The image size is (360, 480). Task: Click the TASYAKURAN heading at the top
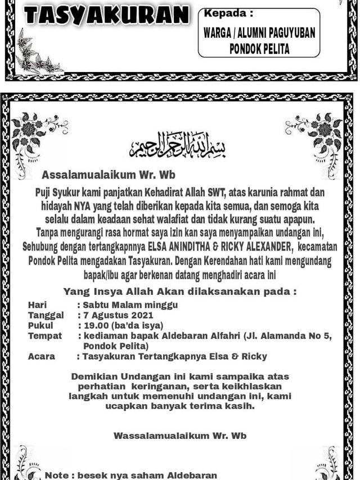pos(106,15)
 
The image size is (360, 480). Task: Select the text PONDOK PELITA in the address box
pos(259,49)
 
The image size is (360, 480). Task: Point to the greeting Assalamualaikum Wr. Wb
pos(109,174)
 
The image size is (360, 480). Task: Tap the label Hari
pos(37,305)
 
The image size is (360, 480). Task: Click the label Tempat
pos(43,336)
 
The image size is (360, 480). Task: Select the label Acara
pos(42,356)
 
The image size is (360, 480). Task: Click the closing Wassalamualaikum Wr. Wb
pos(180,436)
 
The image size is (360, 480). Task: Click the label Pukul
pos(40,325)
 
